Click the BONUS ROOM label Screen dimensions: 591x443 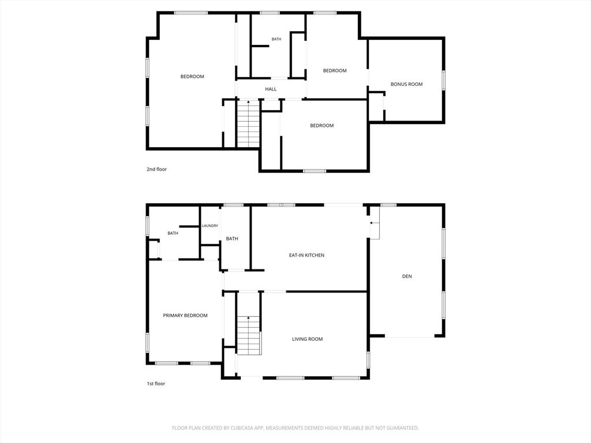(406, 84)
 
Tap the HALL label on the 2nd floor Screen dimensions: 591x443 (271, 89)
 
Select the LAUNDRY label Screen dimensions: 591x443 (210, 226)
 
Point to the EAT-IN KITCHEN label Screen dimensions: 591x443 (306, 255)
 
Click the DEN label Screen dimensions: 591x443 (407, 276)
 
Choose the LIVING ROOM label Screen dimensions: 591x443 (307, 339)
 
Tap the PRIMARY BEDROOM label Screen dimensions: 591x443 (185, 316)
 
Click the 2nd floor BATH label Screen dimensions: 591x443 (276, 39)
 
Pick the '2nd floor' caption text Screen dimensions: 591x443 (156, 169)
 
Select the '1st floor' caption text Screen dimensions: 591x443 (156, 384)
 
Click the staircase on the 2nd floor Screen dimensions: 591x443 (248, 123)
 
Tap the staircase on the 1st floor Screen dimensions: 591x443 (249, 335)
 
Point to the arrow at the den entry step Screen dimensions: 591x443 (374, 223)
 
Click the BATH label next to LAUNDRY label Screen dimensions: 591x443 (232, 238)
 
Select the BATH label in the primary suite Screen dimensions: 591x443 (173, 233)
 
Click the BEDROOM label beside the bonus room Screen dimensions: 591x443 (335, 70)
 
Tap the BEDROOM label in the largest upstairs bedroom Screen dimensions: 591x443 (192, 77)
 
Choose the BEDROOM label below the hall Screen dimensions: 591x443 (322, 125)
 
